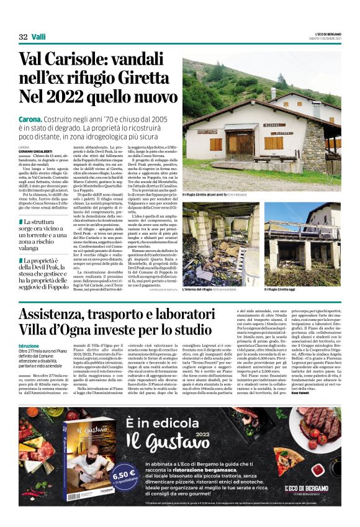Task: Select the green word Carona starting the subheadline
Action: [x=30, y=119]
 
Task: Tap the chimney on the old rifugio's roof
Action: [x=272, y=92]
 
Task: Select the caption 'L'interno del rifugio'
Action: [x=201, y=289]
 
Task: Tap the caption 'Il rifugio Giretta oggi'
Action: [x=280, y=289]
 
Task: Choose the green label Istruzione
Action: [x=29, y=345]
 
